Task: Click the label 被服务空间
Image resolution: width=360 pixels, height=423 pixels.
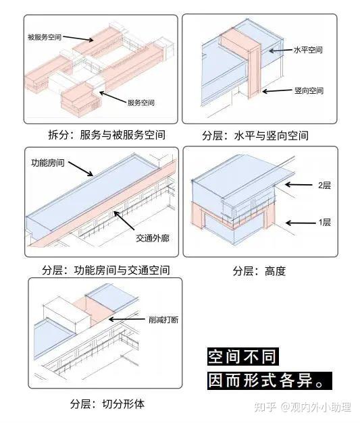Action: pos(45,37)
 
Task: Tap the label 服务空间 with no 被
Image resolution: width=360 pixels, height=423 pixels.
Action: pos(140,103)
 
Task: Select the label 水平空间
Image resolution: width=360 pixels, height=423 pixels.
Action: pos(308,50)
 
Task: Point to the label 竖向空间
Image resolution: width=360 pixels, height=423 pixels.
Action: pos(309,90)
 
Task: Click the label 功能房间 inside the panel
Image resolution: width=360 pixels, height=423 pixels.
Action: pos(48,163)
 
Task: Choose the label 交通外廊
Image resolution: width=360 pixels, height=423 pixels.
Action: pos(153,238)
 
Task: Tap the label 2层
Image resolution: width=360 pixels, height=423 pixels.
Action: pos(324,186)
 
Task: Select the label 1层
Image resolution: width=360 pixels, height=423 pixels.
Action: pos(324,223)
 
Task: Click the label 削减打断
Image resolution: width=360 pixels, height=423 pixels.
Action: pos(163,320)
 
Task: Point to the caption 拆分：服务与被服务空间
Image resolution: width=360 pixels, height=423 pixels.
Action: pos(107,135)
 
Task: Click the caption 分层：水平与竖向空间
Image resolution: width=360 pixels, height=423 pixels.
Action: pos(255,136)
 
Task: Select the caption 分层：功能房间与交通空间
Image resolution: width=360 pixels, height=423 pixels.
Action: pos(106,270)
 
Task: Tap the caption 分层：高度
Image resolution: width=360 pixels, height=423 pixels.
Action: pos(259,271)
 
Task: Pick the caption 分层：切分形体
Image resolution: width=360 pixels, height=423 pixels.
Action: pos(107,404)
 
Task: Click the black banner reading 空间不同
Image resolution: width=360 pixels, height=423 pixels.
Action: pos(242,356)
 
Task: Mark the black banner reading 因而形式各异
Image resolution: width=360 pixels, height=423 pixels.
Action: pos(269,380)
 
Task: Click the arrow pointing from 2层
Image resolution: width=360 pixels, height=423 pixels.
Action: pos(299,185)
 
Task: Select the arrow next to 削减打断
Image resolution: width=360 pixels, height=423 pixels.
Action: pos(127,319)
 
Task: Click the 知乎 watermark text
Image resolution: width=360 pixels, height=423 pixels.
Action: pos(265,407)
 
